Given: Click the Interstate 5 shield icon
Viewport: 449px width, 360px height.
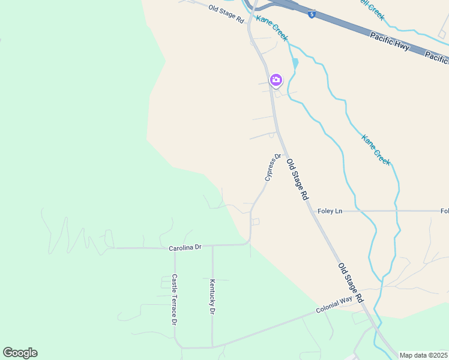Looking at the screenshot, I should point(312,14).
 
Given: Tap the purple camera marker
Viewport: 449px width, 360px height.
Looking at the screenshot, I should point(276,80).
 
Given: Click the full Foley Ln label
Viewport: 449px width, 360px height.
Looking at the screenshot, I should point(330,211).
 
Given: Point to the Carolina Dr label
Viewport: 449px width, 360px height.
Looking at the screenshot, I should point(184,247).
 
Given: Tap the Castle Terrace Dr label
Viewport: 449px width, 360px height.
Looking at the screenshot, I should point(174,299).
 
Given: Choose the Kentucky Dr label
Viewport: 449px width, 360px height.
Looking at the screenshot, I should point(212,296).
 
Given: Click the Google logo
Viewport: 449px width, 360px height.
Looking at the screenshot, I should point(20,353).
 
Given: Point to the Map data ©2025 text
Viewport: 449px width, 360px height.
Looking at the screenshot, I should point(423,355).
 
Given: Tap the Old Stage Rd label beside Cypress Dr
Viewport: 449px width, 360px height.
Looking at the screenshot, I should point(297,179).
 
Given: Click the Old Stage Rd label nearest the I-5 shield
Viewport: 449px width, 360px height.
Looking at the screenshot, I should point(226,13).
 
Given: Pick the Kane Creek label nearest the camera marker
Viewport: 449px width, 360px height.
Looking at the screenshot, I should point(272,28).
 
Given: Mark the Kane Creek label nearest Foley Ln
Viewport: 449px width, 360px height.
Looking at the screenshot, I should point(376,149).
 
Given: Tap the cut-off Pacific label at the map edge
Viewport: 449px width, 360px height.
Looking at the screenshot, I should point(438,57).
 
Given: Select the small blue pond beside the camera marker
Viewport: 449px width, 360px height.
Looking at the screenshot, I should point(295,63).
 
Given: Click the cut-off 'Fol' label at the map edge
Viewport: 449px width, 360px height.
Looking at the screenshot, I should point(444,211).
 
